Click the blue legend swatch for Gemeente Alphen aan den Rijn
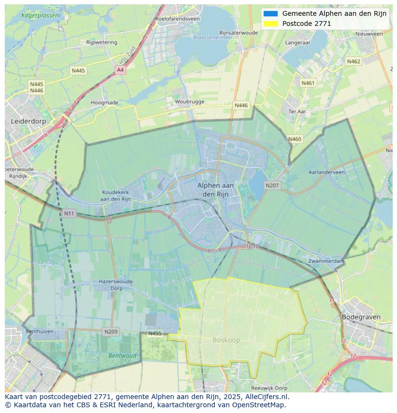click(x=270, y=13)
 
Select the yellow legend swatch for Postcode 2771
click(x=270, y=24)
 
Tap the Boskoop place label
click(x=226, y=340)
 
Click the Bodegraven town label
click(x=361, y=317)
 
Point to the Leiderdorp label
click(x=28, y=121)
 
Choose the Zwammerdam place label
click(x=327, y=261)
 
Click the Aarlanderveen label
click(x=327, y=172)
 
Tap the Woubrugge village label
click(x=189, y=102)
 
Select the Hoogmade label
click(x=105, y=103)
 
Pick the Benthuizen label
click(x=39, y=331)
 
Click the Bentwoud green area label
click(x=122, y=356)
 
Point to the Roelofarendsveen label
click(x=177, y=19)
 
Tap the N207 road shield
click(x=272, y=185)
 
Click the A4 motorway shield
click(x=120, y=70)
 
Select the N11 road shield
click(x=69, y=213)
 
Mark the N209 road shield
click(x=111, y=331)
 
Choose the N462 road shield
click(x=353, y=61)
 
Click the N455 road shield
click(x=154, y=333)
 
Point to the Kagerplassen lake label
click(x=41, y=15)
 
